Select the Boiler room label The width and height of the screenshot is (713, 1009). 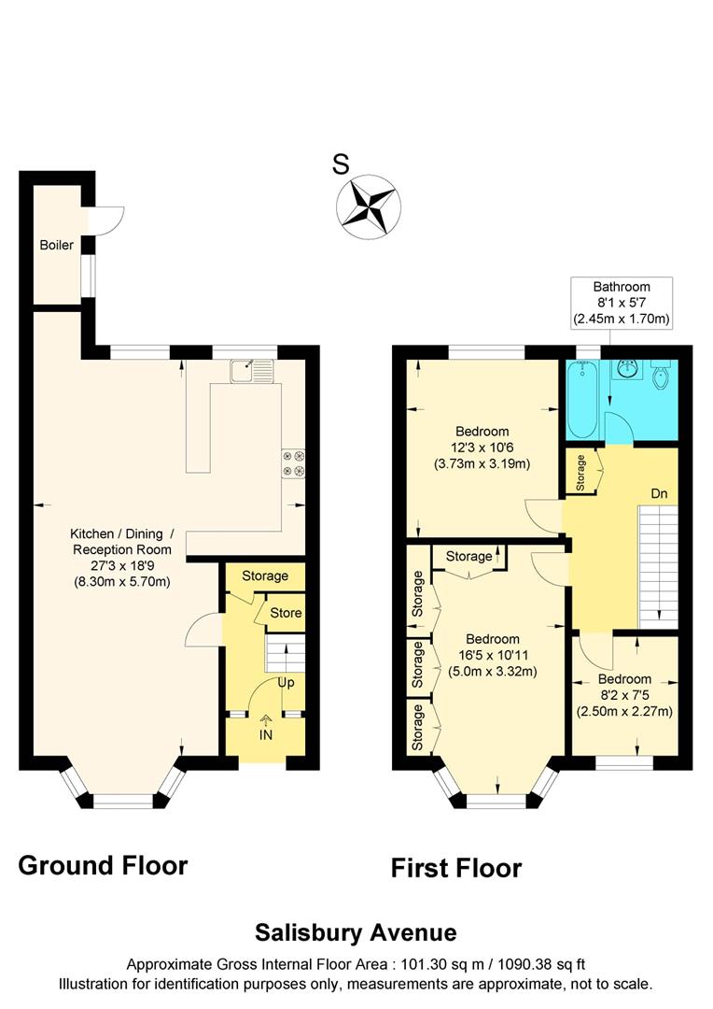56,246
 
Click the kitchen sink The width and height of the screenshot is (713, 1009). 251,371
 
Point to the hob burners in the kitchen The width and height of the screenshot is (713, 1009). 293,462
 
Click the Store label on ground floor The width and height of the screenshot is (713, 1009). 286,614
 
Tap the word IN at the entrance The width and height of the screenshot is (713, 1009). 266,736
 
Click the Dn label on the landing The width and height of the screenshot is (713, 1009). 659,492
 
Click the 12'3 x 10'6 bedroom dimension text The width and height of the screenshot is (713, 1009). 482,448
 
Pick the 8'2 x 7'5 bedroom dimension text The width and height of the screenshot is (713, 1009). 624,695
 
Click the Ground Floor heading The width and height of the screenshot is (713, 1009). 103,866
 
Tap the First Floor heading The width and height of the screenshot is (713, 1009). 455,869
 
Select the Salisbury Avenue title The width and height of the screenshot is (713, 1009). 356,932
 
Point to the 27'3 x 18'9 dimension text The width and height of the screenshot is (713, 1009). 120,566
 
